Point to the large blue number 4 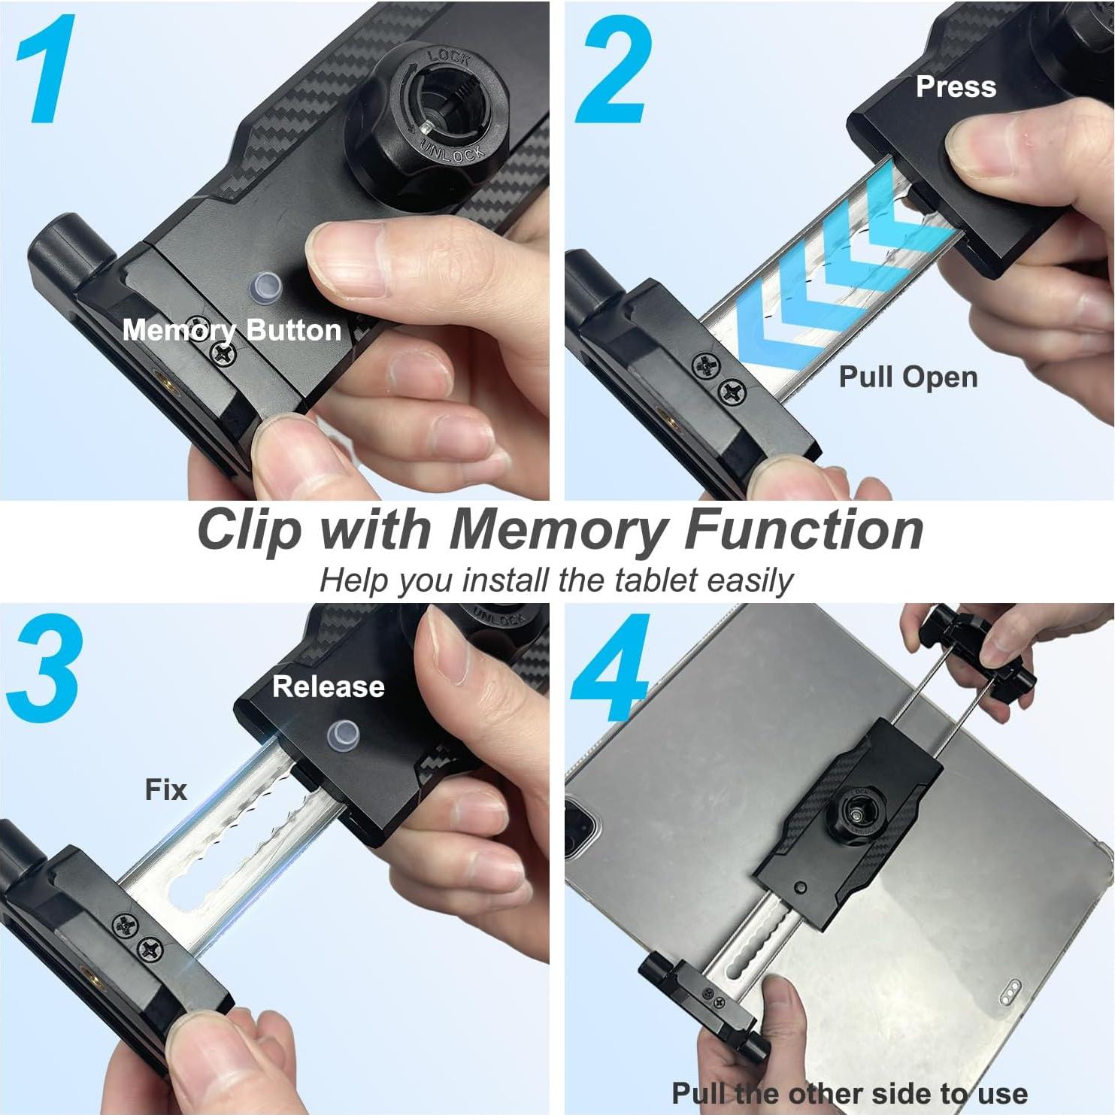coord(611,668)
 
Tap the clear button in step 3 coord(343,736)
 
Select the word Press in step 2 coord(956,87)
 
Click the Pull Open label coord(908,377)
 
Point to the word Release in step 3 coord(329,686)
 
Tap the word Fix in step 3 coord(165,790)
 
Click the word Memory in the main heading coord(559,530)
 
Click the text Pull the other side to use coord(849,1092)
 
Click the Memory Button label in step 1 coord(232,330)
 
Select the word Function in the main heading coord(804,530)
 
